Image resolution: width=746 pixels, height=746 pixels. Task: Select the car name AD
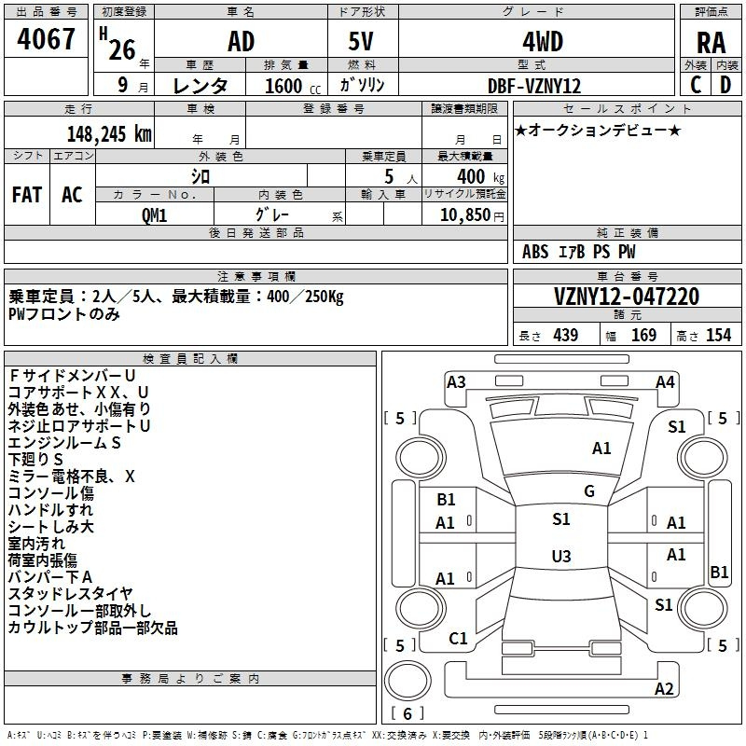point(241,42)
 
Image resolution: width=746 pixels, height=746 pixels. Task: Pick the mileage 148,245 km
point(108,133)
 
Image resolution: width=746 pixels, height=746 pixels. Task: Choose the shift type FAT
point(26,194)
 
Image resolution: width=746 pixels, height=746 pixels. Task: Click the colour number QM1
point(153,214)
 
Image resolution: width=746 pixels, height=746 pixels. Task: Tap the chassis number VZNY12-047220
point(626,297)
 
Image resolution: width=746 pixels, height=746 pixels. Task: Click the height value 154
point(718,336)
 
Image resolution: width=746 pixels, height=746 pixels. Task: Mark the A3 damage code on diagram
point(456,381)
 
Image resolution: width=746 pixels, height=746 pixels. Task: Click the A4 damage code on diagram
point(665,381)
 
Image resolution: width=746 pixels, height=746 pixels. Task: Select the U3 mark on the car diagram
point(560,557)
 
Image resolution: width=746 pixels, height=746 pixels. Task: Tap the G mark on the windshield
point(589,491)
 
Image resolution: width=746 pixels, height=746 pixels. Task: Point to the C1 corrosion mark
point(458,639)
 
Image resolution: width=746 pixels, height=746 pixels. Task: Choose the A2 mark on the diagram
point(664,689)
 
